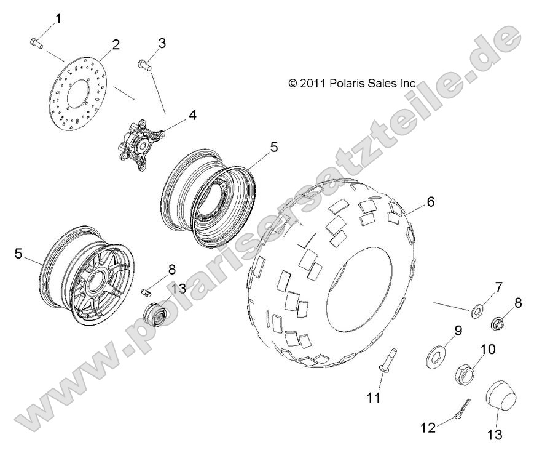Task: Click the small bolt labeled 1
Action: [36, 42]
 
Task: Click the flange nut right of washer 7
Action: [498, 322]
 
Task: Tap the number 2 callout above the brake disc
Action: [116, 44]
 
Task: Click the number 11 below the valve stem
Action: [374, 398]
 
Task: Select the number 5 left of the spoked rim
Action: [18, 253]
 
